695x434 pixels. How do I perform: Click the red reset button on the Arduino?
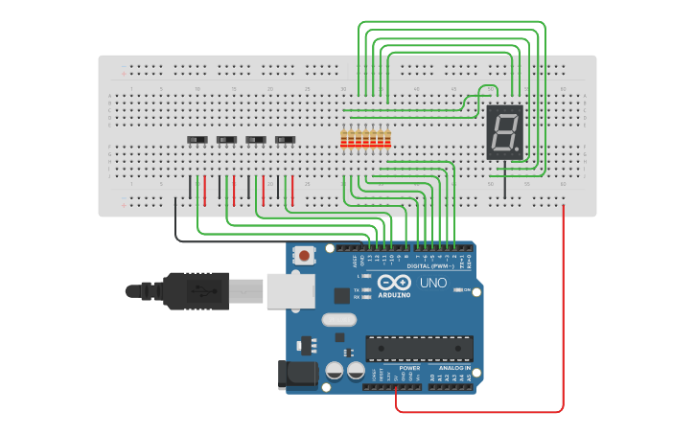[305, 256]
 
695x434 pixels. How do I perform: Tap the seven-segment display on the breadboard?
[504, 132]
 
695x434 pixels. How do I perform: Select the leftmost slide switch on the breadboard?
[197, 140]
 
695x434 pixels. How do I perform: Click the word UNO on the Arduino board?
[433, 283]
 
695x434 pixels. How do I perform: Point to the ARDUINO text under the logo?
[396, 295]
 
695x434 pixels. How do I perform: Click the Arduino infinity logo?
[395, 282]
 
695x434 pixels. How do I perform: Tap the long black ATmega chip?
[419, 348]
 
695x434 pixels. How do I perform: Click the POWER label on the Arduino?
[409, 368]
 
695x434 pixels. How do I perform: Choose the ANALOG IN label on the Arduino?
[454, 368]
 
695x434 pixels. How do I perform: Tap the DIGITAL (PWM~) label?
[430, 265]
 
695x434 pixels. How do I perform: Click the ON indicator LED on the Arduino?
[458, 289]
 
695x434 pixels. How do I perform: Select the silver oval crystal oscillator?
[338, 320]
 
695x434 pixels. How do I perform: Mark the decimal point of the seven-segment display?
[519, 153]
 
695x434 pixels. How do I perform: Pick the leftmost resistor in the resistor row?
[344, 139]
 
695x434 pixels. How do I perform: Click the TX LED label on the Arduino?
[357, 289]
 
